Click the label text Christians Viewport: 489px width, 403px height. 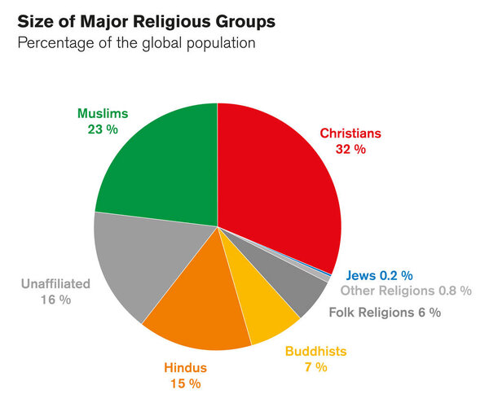pos(350,133)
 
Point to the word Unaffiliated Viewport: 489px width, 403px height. pos(55,284)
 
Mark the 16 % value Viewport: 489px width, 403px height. pos(55,300)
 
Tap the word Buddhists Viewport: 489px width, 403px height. pos(315,351)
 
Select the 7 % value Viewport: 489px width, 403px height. pos(315,367)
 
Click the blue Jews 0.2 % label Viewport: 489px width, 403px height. pos(379,275)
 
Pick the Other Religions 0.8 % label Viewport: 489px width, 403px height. pos(406,291)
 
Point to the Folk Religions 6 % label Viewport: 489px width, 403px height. pos(385,312)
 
